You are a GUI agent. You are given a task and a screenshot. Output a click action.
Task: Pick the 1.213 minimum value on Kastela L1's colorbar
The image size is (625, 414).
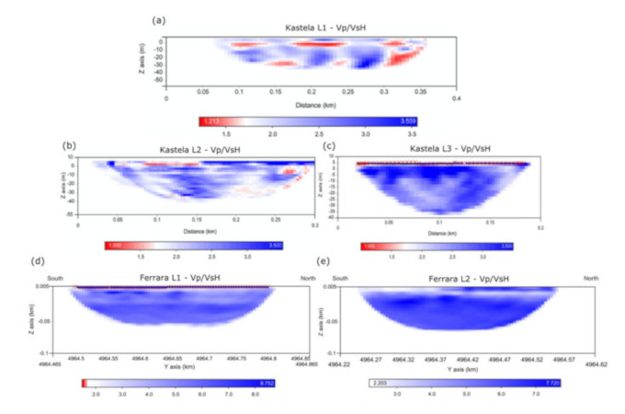coord(209,121)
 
